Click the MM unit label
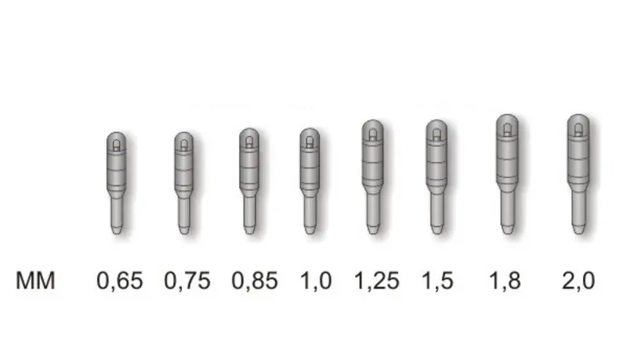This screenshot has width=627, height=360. click(x=35, y=281)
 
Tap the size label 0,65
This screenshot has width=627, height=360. click(x=120, y=281)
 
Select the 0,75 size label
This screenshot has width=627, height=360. click(x=187, y=281)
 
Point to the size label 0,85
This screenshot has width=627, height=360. click(x=255, y=281)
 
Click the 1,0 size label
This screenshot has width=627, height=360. click(x=317, y=281)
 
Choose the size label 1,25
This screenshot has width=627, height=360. click(x=377, y=281)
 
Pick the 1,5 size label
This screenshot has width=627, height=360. click(x=438, y=281)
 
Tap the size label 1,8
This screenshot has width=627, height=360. click(x=506, y=281)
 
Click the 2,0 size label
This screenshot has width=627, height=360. click(x=578, y=281)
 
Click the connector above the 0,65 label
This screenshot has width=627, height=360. click(x=116, y=183)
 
